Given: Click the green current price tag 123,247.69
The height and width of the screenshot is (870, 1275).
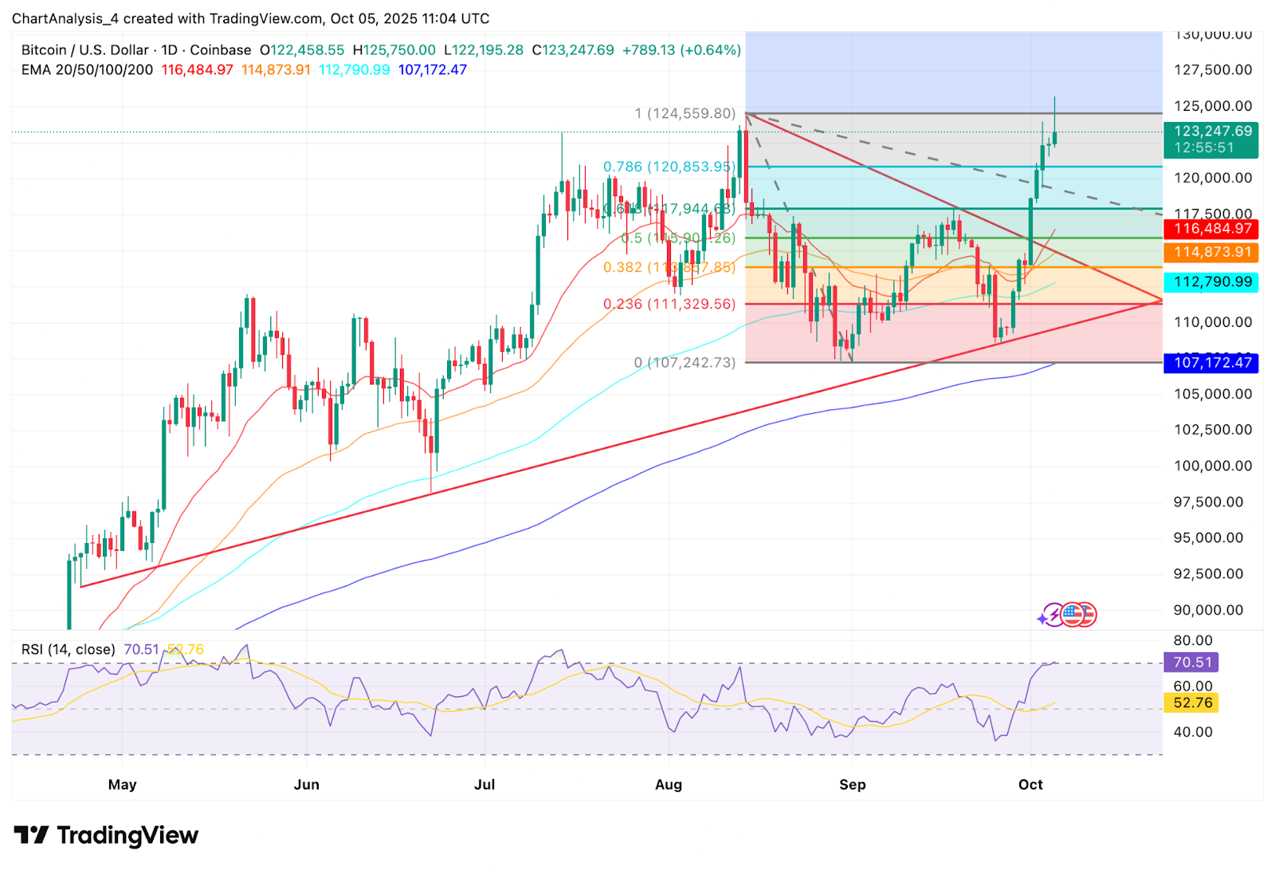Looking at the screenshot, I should click(1210, 132).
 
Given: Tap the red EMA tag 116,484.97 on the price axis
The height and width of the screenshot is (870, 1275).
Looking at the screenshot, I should click(1210, 229).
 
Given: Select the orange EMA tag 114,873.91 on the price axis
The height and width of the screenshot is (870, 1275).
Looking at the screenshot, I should click(1210, 253).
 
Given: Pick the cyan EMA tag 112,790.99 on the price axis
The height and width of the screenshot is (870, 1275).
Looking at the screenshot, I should click(1210, 282).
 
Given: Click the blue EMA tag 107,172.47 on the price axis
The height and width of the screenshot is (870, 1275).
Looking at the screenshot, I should click(1210, 363).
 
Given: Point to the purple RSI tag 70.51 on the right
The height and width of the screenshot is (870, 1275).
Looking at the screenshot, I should click(1192, 663).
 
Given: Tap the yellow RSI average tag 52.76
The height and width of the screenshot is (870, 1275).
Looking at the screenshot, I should click(1192, 703).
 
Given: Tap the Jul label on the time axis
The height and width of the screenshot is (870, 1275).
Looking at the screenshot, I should click(484, 785).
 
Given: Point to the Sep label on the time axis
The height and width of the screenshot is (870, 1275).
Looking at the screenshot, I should click(852, 785).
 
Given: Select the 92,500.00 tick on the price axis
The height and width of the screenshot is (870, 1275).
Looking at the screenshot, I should click(1208, 574).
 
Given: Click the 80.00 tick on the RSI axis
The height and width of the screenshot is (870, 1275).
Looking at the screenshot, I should click(1193, 640).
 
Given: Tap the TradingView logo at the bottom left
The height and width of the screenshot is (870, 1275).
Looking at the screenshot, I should click(106, 835).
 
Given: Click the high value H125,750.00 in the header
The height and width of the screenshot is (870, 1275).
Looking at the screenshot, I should click(394, 50).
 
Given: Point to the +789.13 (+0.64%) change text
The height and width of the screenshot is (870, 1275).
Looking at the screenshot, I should click(681, 50).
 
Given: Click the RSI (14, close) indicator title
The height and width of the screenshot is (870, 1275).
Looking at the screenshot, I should click(69, 650).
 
